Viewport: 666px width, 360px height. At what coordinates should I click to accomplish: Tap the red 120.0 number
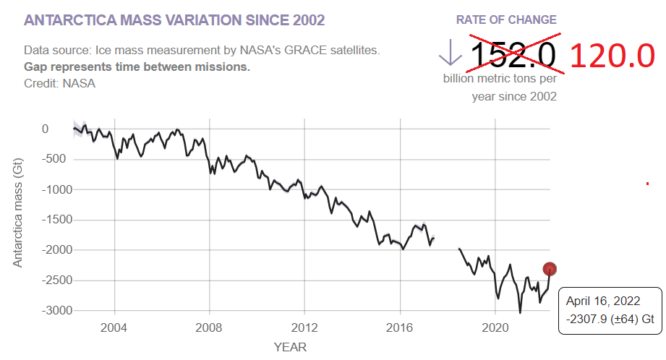point(612,56)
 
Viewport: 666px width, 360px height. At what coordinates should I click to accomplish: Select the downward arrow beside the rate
point(450,53)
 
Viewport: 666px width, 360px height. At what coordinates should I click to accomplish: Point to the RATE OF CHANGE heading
point(506,20)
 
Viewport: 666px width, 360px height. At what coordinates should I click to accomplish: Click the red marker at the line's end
point(550,269)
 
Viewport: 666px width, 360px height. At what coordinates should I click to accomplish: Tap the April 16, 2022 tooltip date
point(599,301)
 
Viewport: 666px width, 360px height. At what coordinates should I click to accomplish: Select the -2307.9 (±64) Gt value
point(610,318)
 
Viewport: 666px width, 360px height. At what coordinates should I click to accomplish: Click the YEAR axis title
point(290,347)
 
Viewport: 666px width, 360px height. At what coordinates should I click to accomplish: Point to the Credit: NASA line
point(59,83)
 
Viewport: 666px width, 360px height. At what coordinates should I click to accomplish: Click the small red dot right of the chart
point(647,184)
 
